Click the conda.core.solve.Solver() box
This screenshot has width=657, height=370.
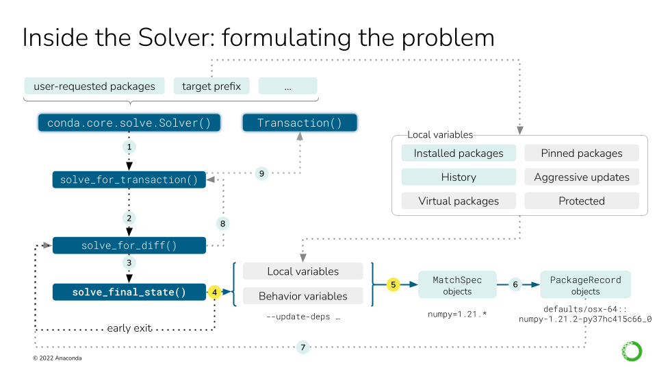tap(129, 123)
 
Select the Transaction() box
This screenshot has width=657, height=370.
tap(300, 123)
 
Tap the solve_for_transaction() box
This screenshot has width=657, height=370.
tap(129, 180)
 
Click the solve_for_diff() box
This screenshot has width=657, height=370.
tap(129, 246)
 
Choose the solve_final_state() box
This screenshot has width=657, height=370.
tap(129, 293)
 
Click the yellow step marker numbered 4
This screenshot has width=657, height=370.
tap(215, 293)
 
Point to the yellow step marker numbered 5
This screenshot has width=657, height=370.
tap(393, 284)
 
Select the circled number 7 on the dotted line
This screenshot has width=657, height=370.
tap(303, 348)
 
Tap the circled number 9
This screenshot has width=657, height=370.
tap(261, 174)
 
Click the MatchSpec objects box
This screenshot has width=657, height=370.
tap(457, 285)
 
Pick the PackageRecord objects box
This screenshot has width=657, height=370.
tap(585, 285)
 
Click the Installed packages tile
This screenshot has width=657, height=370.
tap(458, 153)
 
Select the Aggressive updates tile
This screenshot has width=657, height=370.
tap(581, 177)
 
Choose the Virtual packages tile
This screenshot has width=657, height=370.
tap(458, 201)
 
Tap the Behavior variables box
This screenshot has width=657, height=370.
tap(302, 296)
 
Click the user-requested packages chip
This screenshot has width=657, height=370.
tap(94, 86)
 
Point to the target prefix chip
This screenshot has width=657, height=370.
tap(211, 86)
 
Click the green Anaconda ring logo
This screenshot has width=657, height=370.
tap(631, 351)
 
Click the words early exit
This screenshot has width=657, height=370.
tap(129, 328)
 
